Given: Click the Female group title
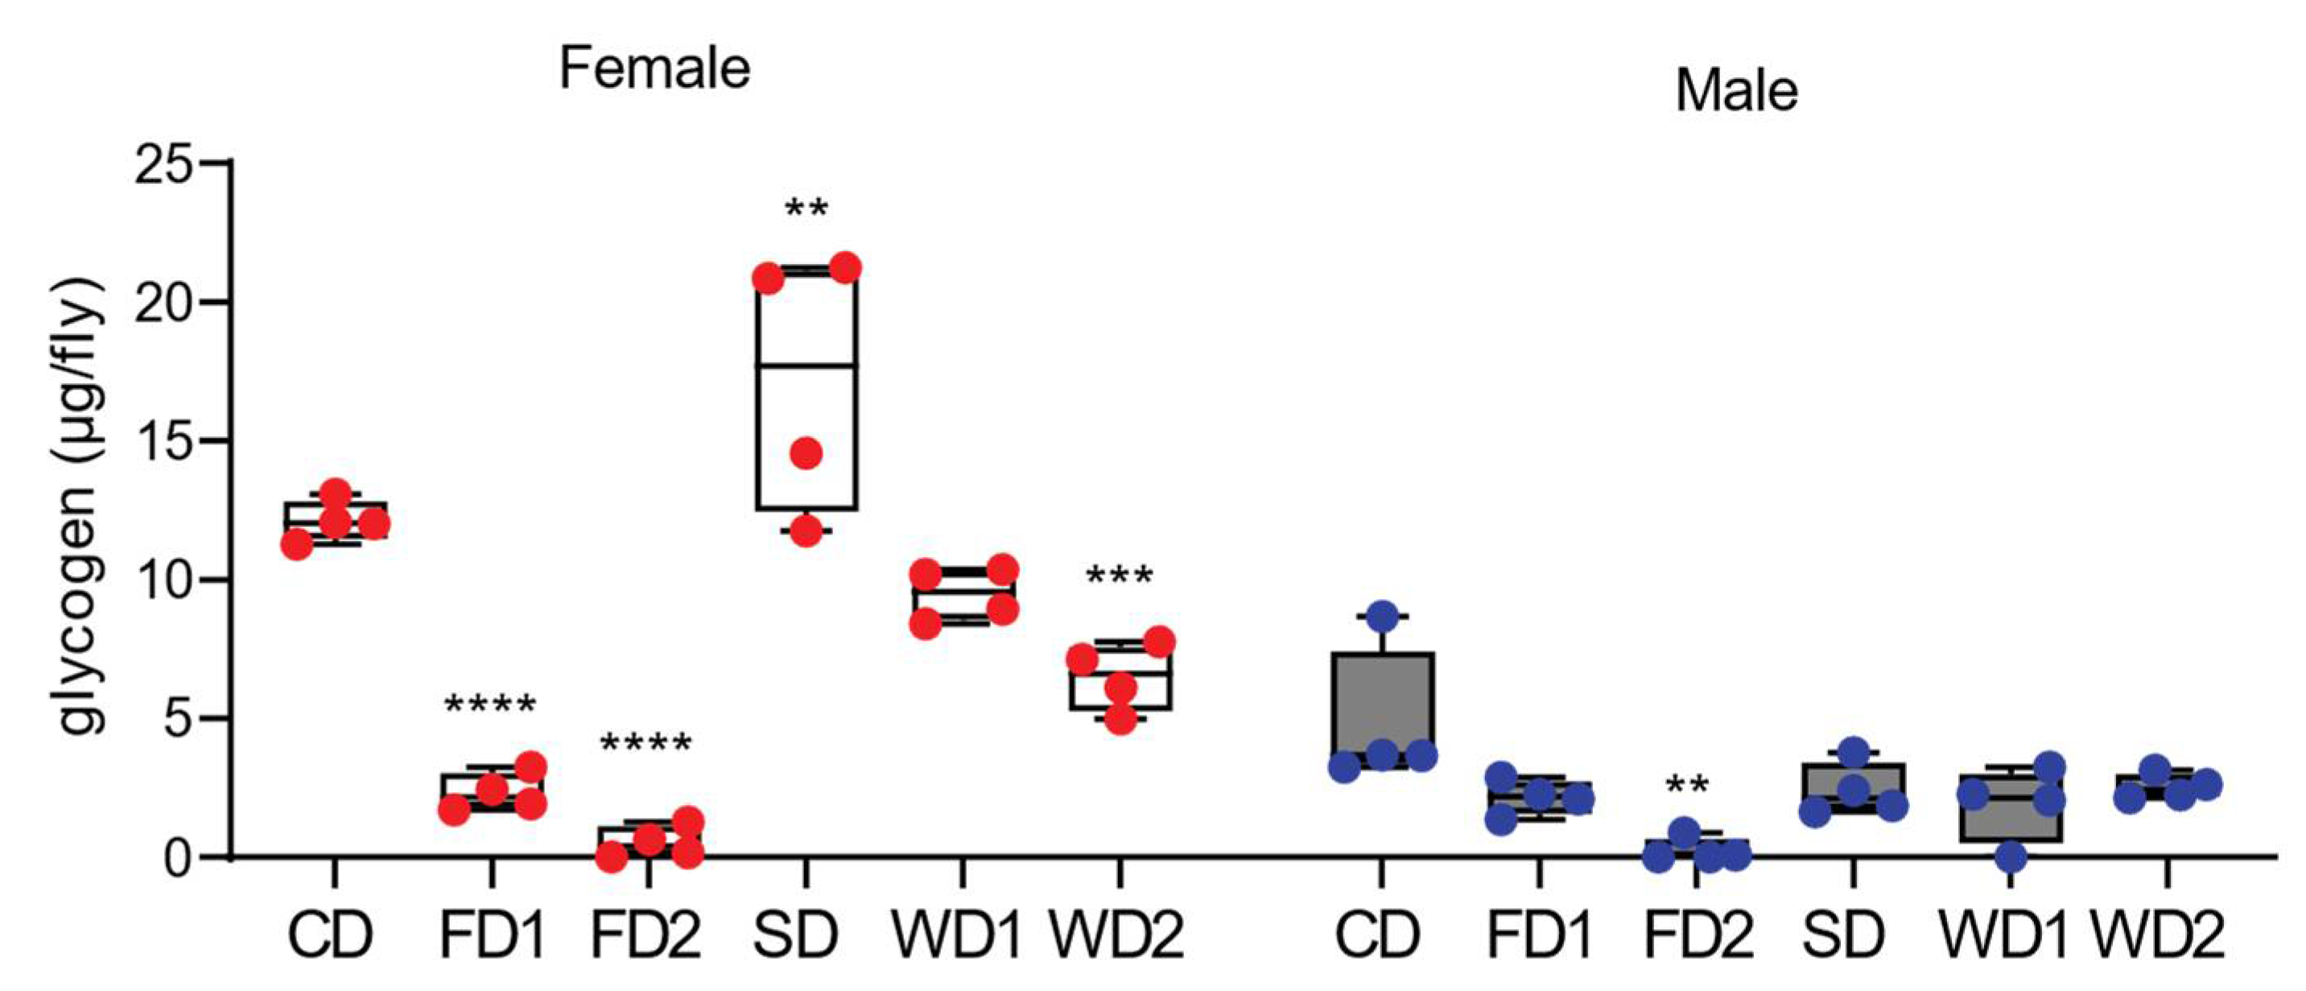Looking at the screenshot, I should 654,69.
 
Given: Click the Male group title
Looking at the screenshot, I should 1736,91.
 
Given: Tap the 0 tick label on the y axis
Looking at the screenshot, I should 179,857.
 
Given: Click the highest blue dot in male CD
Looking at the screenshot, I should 1382,616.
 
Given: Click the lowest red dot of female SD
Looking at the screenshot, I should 806,531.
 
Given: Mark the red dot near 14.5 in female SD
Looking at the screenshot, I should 806,453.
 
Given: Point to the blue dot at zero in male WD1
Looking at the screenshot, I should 2011,857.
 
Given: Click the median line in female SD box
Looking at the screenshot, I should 806,365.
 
